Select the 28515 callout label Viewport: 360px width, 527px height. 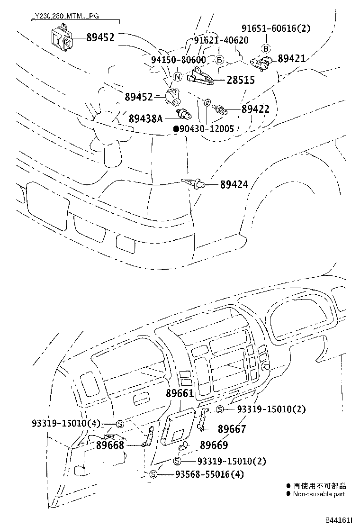[241, 81]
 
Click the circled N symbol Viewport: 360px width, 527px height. [177, 77]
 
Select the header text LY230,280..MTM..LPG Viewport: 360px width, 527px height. [59, 16]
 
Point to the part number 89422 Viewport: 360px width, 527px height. [255, 109]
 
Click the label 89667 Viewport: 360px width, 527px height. [232, 429]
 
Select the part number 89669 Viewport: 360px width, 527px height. [214, 445]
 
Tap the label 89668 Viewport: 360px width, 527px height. [110, 445]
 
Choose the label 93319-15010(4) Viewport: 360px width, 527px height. [67, 423]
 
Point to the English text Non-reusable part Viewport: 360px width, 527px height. [319, 494]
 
